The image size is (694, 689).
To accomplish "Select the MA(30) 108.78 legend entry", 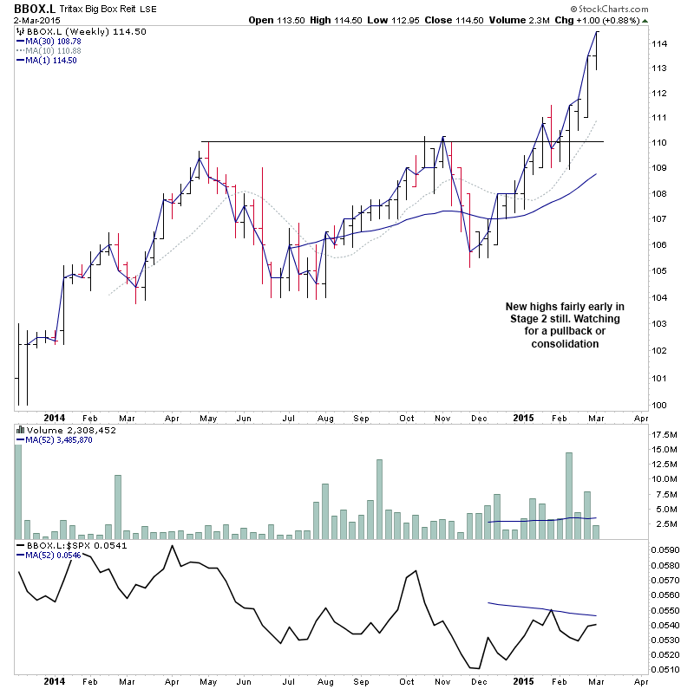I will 53,41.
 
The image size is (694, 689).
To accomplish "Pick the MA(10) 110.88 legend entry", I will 53,50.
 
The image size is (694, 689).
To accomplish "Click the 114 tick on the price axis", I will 660,43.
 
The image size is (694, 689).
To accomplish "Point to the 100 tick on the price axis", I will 660,405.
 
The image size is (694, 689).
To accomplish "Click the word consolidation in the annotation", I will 565,343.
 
